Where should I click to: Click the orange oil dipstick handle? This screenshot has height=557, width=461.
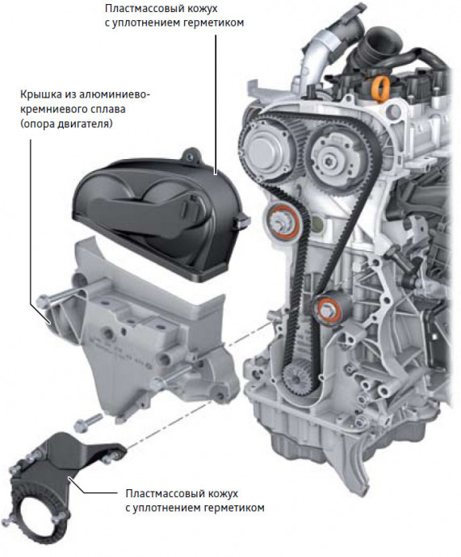379,89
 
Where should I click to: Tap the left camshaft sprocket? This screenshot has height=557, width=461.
267,149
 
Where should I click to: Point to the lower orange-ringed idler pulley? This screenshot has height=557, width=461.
330,308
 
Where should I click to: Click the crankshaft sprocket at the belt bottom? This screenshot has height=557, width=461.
299,379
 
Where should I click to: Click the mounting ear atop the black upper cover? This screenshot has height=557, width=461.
191,157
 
